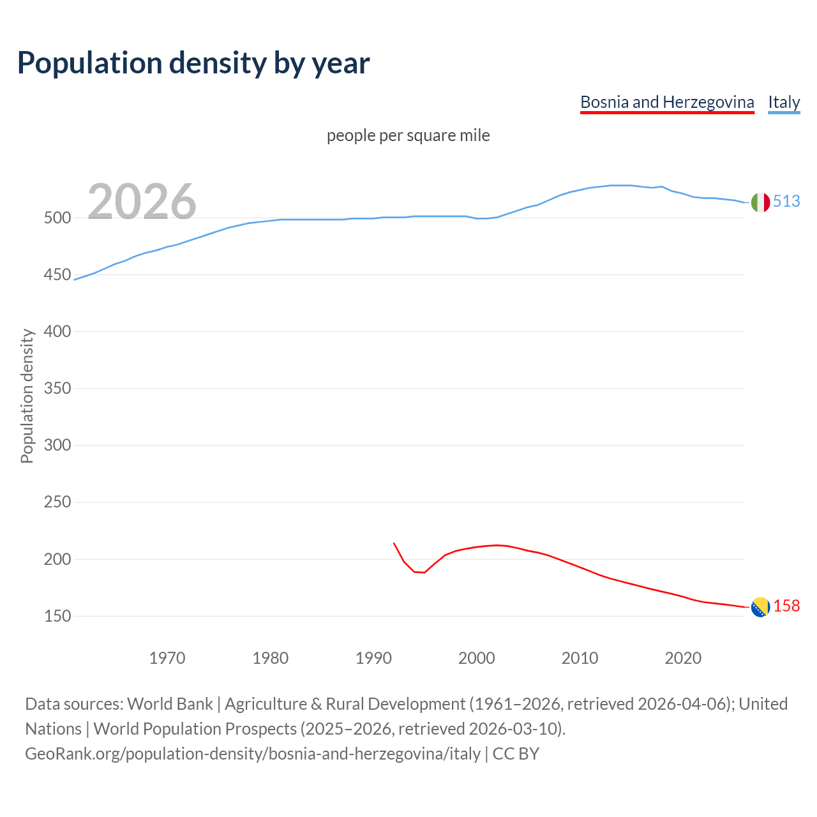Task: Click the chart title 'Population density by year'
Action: [x=193, y=63]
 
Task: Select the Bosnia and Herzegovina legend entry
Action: [x=667, y=102]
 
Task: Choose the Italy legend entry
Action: [x=784, y=102]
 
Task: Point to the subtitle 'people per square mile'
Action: [x=408, y=136]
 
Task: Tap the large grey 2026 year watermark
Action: [x=142, y=202]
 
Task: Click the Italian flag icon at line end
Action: [x=760, y=202]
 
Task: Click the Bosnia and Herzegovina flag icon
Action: [x=760, y=607]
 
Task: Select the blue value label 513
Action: [x=786, y=202]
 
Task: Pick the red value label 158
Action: [x=786, y=606]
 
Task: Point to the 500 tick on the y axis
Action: [x=57, y=218]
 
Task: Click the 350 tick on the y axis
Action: [x=57, y=388]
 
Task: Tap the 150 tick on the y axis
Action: [x=57, y=616]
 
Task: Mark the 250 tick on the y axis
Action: [x=57, y=502]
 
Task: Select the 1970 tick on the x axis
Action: [x=167, y=658]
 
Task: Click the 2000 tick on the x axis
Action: [x=477, y=658]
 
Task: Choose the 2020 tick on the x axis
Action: [x=683, y=658]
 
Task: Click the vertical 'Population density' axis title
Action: [x=27, y=396]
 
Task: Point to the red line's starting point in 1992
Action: [x=394, y=543]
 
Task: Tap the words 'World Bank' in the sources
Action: [x=170, y=704]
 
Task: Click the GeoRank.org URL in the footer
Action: [x=253, y=754]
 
